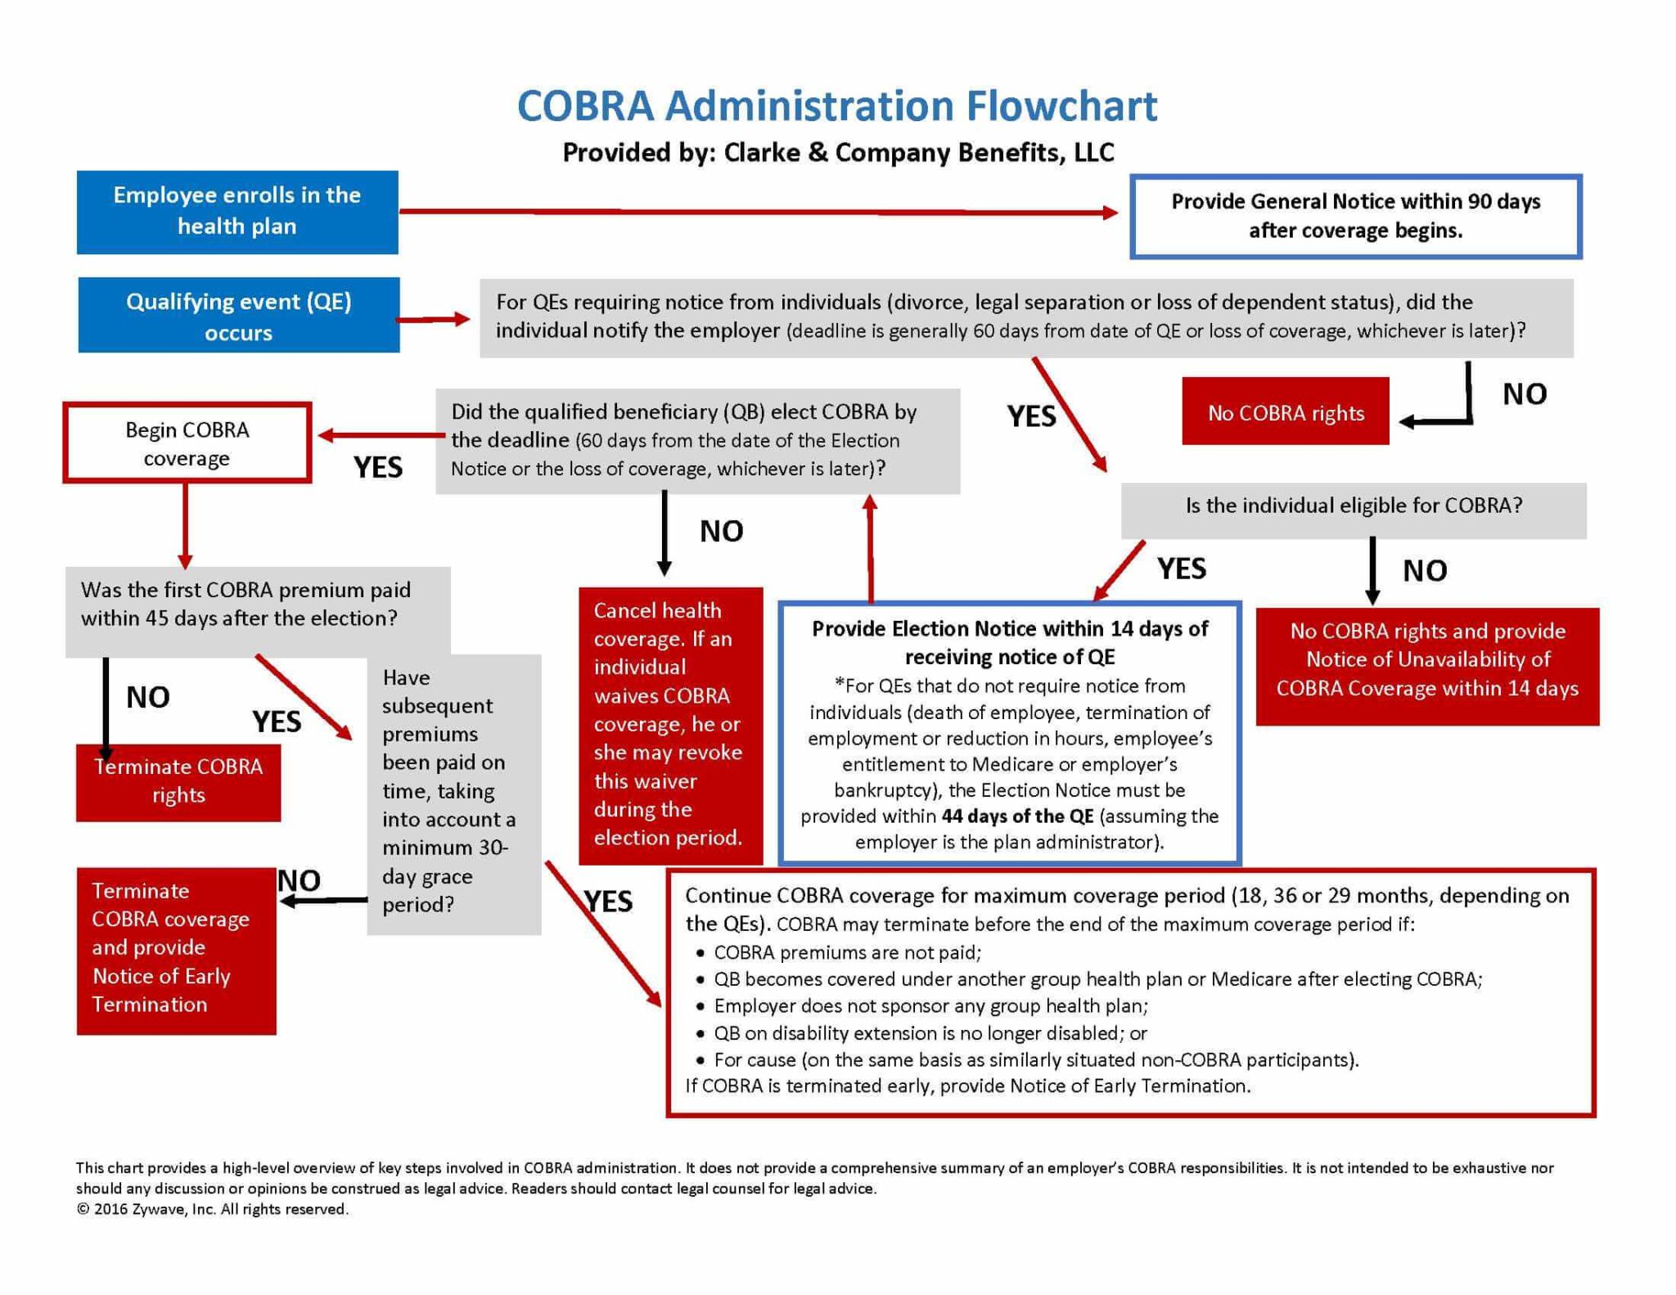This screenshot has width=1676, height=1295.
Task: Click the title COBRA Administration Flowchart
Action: point(837,106)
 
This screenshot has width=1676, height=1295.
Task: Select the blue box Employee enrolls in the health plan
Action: point(237,212)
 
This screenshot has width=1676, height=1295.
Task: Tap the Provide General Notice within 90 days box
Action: point(1355,216)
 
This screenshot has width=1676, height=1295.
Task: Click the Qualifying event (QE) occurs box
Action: point(238,316)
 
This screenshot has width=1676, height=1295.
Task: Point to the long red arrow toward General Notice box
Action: point(757,212)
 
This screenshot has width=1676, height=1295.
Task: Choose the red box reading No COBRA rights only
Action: point(1285,411)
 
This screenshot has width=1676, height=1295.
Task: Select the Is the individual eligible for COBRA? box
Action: point(1353,506)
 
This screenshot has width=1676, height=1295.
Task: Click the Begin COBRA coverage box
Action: point(187,443)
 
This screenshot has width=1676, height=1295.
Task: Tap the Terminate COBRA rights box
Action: point(178,781)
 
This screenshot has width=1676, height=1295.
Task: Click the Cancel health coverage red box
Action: point(670,725)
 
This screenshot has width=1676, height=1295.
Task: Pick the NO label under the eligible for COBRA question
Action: point(1425,570)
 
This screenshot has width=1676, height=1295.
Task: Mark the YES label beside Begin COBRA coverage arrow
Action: point(378,467)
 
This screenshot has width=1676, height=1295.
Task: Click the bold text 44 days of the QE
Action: point(1017,816)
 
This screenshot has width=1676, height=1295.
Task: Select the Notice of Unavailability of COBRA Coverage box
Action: point(1426,661)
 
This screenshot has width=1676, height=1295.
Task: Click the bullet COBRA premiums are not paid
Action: point(847,953)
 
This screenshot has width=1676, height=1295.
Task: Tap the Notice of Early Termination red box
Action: point(176,949)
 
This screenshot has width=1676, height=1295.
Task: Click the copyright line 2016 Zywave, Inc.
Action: point(213,1209)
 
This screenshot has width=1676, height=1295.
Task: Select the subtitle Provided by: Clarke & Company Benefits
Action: point(837,153)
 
